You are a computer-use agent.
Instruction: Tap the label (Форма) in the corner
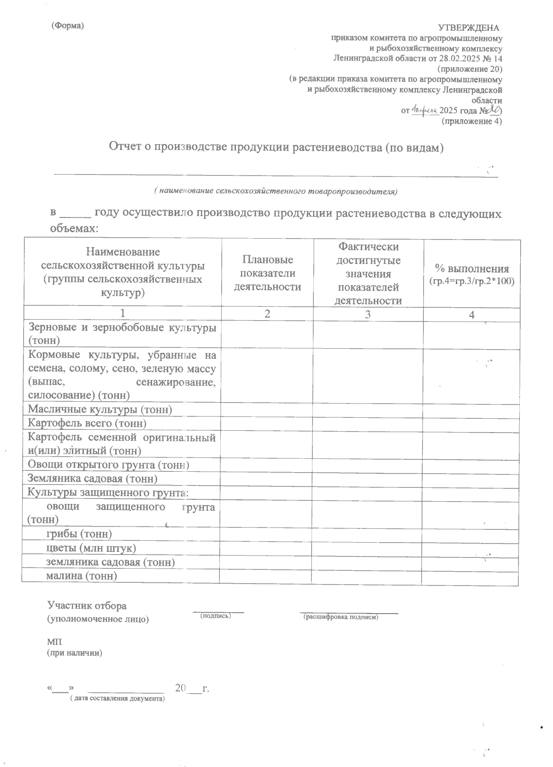coord(68,26)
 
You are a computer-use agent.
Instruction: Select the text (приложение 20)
coord(471,70)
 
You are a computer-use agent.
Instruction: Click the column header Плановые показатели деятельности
coord(268,273)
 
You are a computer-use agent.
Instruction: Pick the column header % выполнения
coord(472,275)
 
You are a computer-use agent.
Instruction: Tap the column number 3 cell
coord(368,315)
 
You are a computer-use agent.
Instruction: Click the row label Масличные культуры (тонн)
coord(100,410)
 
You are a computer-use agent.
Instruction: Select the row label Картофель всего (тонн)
coord(87,423)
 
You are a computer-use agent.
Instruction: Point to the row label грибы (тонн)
coord(79,534)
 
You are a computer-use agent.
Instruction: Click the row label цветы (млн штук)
coord(91,548)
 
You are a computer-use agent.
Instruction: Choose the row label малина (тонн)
coord(82,576)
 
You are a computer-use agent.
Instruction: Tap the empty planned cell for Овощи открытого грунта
coord(267,465)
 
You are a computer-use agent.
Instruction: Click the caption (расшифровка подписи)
coord(341,617)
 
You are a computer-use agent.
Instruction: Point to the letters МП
coord(54,642)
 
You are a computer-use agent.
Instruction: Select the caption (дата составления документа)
coord(117,699)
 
